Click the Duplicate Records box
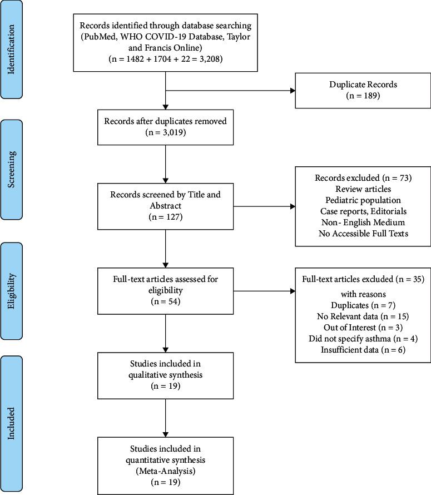(x=363, y=91)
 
